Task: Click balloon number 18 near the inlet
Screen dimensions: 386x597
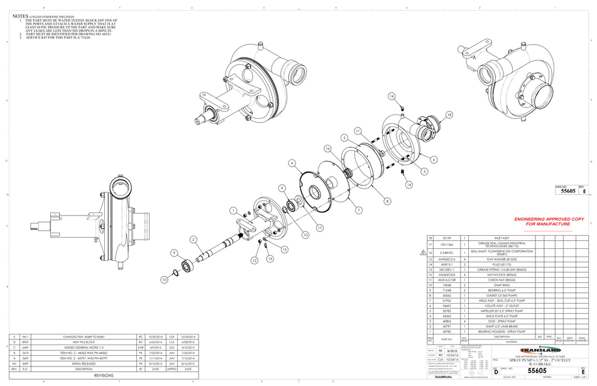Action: (x=449, y=115)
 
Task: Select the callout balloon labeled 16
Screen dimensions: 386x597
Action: (x=327, y=148)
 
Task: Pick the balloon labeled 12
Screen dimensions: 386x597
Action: (x=255, y=260)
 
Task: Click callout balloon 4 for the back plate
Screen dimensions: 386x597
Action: (x=292, y=163)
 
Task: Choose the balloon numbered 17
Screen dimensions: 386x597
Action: (x=320, y=227)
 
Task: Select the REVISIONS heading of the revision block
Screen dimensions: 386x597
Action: (x=104, y=375)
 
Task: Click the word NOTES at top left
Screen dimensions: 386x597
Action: (x=20, y=15)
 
